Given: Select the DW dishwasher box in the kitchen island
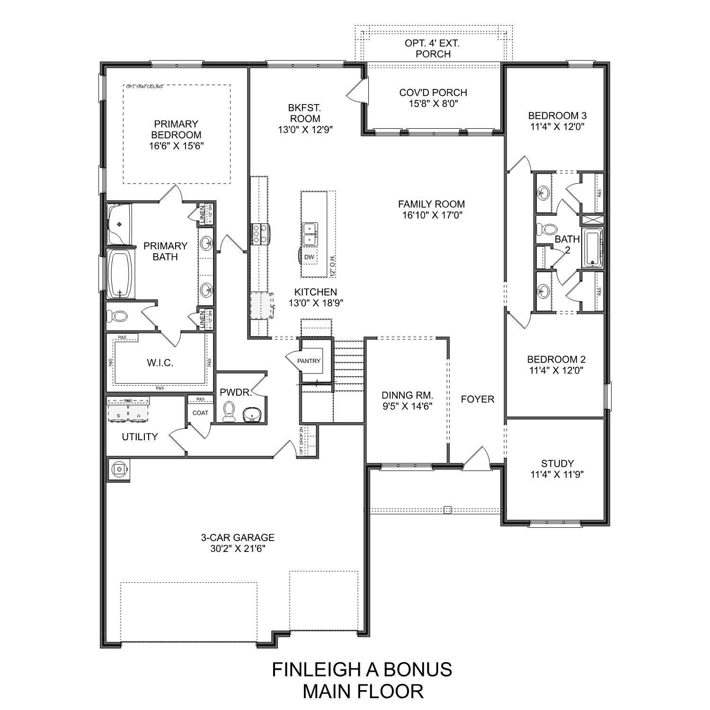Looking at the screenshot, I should pos(309,257).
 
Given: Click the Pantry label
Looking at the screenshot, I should pos(309,361).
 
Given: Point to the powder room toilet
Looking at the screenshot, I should pos(229,411).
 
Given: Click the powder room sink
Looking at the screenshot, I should pos(254,415).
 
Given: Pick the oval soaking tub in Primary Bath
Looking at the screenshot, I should pos(120,274).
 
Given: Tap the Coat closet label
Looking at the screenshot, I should pos(200,413).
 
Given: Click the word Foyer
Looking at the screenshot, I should pos(478,399).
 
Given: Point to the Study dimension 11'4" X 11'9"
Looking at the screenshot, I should pos(557,475).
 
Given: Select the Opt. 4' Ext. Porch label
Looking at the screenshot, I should pos(433,48).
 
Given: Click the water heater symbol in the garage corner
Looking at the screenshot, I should pos(118,470).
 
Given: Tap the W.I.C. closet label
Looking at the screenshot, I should pos(160,363).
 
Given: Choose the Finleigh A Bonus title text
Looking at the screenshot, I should pos(362,669).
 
